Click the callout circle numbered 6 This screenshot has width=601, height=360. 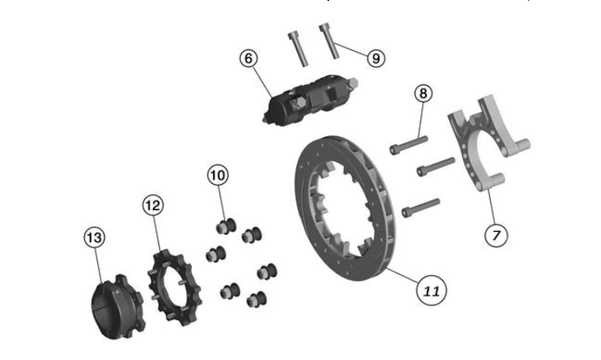click(x=250, y=58)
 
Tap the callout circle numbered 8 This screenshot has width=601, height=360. click(x=421, y=93)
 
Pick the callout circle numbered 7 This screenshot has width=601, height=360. click(x=496, y=234)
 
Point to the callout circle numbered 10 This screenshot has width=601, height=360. click(x=218, y=175)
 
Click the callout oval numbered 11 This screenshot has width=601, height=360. click(x=431, y=288)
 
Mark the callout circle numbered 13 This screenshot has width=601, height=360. click(x=95, y=238)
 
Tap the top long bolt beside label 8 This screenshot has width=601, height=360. click(x=407, y=144)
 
